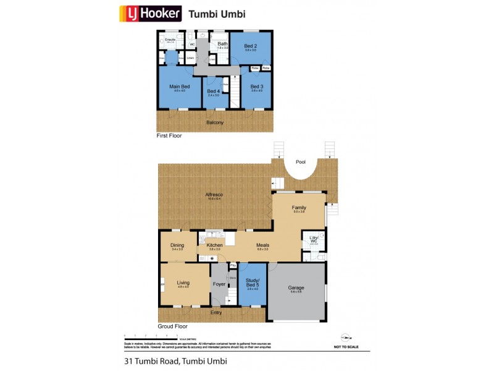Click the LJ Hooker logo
click(x=149, y=13)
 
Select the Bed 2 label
click(x=249, y=46)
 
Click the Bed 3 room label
click(x=257, y=86)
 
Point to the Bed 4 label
click(x=214, y=92)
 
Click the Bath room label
click(x=222, y=44)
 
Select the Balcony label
click(x=214, y=122)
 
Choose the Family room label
click(x=299, y=208)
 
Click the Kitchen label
click(x=214, y=245)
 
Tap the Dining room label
click(x=177, y=245)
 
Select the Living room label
click(x=183, y=283)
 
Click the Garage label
click(x=296, y=288)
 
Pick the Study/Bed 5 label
click(x=252, y=285)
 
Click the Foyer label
click(x=219, y=284)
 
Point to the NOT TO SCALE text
click(x=346, y=347)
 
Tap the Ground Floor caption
click(x=172, y=326)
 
